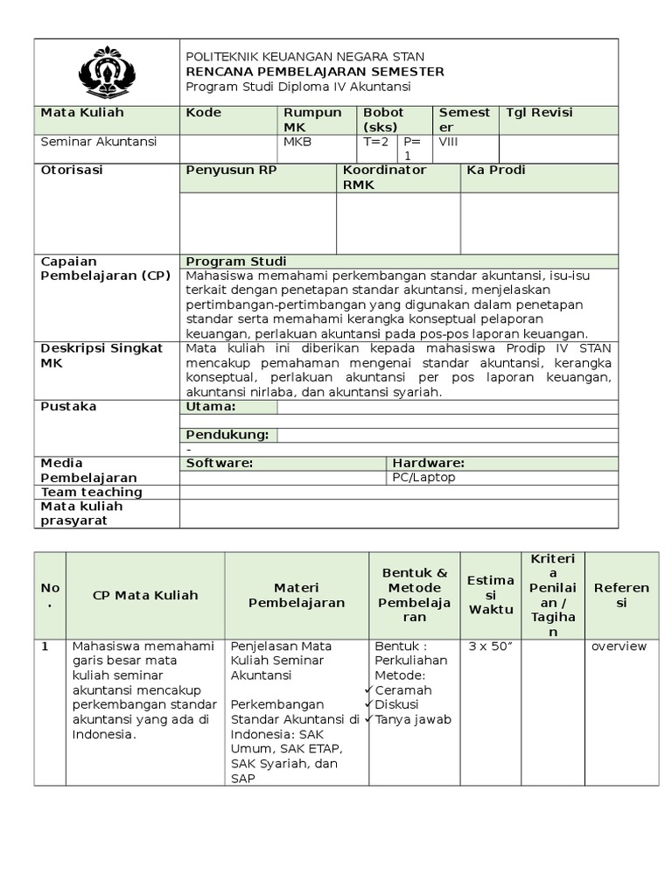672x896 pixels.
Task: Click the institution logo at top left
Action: [x=107, y=72]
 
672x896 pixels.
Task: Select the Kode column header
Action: [x=204, y=113]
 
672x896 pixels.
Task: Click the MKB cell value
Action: [x=297, y=142]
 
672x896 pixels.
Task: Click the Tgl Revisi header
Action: [x=539, y=113]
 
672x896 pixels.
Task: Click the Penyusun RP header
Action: [x=231, y=171]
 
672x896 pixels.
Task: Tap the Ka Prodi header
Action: [x=496, y=171]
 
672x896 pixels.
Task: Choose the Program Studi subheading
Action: [x=236, y=262]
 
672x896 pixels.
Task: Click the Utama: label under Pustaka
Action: [x=211, y=407]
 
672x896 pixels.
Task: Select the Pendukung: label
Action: [x=227, y=435]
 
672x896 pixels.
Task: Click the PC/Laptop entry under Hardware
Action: [x=423, y=478]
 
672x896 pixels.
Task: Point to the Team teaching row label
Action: [x=92, y=492]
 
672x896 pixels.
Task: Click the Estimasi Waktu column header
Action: [x=491, y=595]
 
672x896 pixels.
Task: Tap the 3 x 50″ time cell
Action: [x=490, y=647]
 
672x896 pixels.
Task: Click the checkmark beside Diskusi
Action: [x=369, y=704]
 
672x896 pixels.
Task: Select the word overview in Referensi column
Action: [x=619, y=647]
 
